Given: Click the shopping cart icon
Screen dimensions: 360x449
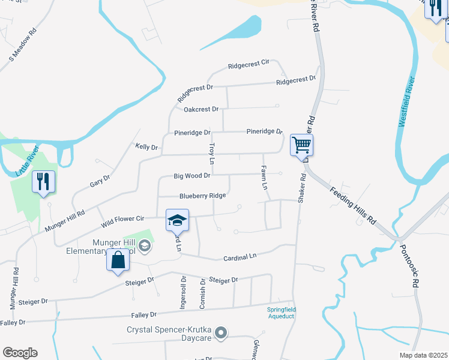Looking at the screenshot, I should pos(301,145).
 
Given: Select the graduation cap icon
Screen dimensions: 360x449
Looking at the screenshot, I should pos(177,220).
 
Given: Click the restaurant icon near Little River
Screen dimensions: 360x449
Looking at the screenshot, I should pos(43,182).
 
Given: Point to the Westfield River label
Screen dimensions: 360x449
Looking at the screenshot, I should pos(407,101).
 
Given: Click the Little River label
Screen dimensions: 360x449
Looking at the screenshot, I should pos(27,160).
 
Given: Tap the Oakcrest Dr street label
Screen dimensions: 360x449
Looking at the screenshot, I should pos(201,109).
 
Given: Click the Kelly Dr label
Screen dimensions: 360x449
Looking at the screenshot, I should pos(146,147).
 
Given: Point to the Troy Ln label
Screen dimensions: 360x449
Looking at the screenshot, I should pos(211,154).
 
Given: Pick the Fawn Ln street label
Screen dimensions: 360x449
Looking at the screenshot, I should pos(264,178).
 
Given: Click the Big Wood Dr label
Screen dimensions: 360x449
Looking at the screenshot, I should pos(192,176).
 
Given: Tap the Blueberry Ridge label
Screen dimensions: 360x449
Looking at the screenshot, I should pos(203,196).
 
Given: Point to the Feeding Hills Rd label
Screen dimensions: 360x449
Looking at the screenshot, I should pos(353,205).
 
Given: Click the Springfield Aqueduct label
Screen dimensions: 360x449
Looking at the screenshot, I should pos(282,312).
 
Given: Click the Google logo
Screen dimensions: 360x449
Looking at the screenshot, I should pos(20,353).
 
